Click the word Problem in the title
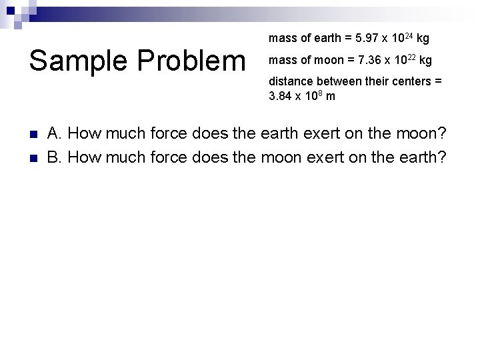[x=193, y=61]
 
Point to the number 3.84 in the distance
[x=281, y=96]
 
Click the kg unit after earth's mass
[x=423, y=39]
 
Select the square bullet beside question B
[x=33, y=158]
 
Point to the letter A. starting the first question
[x=55, y=133]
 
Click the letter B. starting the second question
[x=55, y=157]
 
